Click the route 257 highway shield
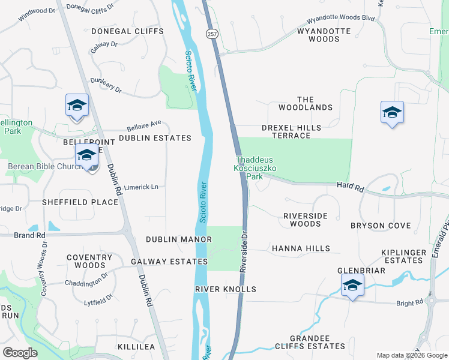211,34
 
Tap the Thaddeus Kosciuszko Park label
255,169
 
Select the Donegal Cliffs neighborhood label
119,31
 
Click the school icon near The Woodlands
392,113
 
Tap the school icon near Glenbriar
352,286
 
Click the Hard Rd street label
351,188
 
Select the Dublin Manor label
179,239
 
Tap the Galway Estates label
169,262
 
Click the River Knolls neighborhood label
226,289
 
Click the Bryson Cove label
381,226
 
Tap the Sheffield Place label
80,202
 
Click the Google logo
20,353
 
